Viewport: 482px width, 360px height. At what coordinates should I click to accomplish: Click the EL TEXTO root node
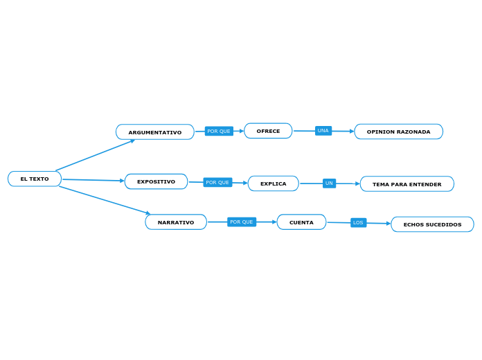(x=35, y=179)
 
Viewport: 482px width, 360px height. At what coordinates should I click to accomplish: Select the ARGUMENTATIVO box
(x=155, y=132)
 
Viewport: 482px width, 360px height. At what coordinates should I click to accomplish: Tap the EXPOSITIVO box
(x=156, y=181)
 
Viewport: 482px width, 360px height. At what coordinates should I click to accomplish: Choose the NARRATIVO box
(x=176, y=222)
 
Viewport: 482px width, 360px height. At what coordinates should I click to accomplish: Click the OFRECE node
(x=268, y=131)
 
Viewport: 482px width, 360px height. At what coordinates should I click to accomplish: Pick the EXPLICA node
(x=273, y=183)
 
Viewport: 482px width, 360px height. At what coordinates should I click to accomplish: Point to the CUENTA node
(x=301, y=222)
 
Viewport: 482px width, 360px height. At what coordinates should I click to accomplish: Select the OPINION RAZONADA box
(x=398, y=132)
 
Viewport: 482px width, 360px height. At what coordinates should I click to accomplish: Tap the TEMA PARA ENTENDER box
(x=407, y=184)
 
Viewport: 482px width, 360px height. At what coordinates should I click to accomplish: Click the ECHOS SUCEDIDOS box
(x=432, y=224)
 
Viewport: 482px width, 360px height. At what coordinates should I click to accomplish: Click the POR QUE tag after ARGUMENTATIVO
(x=219, y=131)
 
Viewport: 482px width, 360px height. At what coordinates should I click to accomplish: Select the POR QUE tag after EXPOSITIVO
(x=217, y=182)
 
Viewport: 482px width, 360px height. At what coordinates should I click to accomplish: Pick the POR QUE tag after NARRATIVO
(x=242, y=222)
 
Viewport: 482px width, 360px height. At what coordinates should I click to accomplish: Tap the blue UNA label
(x=323, y=131)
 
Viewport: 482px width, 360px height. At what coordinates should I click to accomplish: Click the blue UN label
(x=329, y=183)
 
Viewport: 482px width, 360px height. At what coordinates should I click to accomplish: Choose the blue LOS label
(x=358, y=223)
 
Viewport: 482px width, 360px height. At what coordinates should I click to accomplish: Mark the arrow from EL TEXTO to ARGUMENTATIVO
(x=95, y=155)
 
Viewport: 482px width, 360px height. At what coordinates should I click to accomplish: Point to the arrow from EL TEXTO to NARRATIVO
(x=104, y=200)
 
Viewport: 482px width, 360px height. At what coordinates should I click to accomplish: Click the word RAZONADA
(x=413, y=132)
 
